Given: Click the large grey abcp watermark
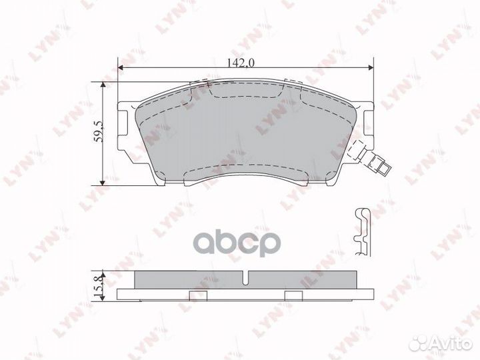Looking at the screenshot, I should [x=251, y=243].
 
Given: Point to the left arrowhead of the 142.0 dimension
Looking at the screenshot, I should [x=121, y=69].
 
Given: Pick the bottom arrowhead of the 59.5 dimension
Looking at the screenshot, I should [x=102, y=181].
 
